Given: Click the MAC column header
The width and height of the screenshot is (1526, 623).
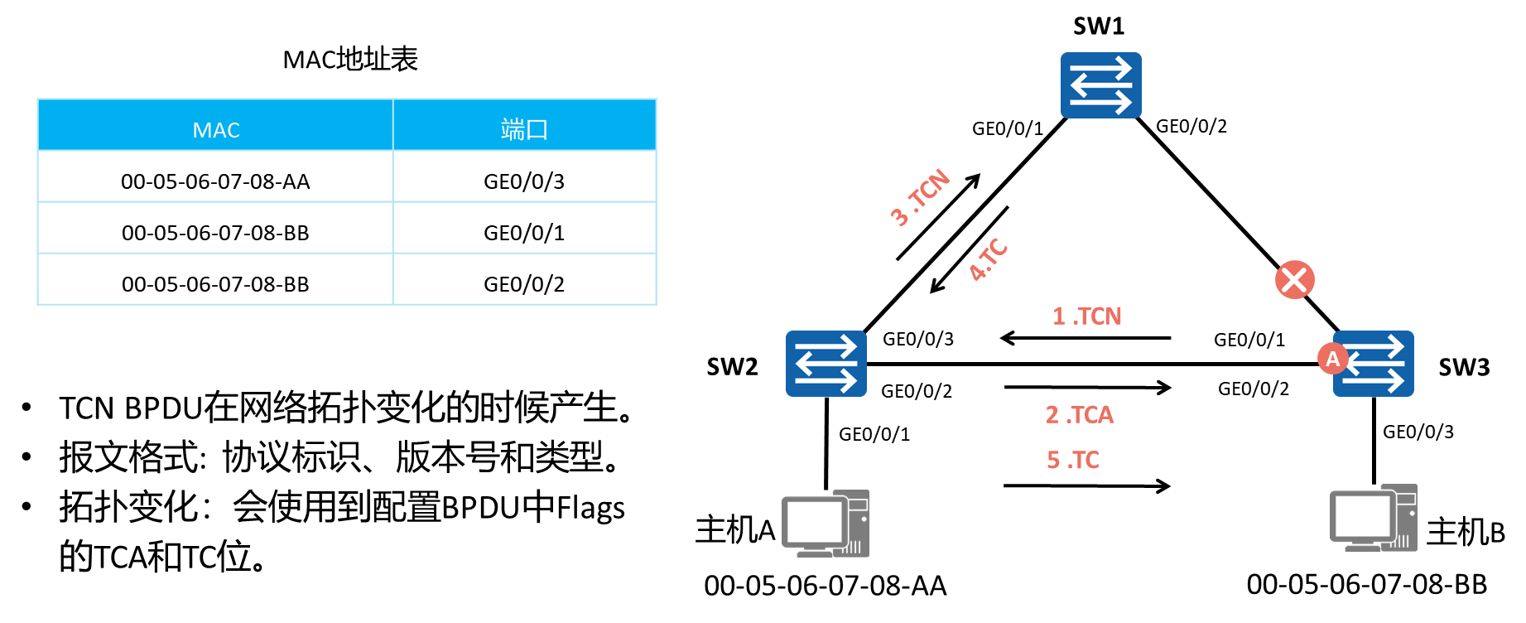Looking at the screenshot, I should [215, 129].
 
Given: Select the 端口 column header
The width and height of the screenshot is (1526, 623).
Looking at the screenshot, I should [524, 129].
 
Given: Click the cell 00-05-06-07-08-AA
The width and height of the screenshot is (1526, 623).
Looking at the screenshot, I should [215, 181].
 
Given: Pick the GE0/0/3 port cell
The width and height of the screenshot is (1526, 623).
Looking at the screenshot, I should [524, 181].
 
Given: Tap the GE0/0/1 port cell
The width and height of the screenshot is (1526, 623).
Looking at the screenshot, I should [524, 233].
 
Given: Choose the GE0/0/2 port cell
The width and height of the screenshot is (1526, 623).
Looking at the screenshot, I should [524, 284].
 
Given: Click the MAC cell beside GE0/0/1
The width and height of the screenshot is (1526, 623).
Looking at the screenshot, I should [215, 233].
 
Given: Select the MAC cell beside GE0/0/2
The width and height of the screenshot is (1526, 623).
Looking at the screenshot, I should [215, 284].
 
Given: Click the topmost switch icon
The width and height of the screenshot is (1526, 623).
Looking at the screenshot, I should [1100, 85].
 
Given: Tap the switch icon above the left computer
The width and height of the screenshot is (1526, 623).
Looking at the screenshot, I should [826, 364].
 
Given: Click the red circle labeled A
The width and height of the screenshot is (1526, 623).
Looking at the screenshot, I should [1332, 359].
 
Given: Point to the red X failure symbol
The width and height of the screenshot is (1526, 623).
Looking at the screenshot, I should [1295, 279].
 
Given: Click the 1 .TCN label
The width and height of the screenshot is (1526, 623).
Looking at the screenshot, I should [1086, 316].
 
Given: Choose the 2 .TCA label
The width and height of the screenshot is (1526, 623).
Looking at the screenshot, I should [1079, 414].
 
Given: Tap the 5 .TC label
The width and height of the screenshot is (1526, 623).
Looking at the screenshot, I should [1072, 460].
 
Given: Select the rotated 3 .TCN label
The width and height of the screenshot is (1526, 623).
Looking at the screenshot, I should [919, 197].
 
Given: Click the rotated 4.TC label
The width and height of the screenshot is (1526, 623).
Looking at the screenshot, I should [987, 260].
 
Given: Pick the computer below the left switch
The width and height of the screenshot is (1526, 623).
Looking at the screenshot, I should [826, 524].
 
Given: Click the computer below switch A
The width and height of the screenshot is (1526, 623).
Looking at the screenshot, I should [1373, 519].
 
